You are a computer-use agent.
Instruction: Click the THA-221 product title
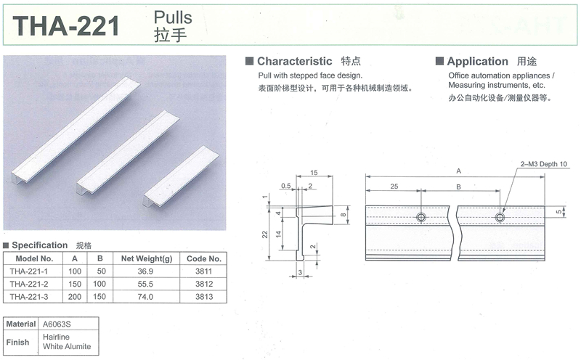[x=66, y=26]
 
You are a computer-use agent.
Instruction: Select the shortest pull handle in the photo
[x=181, y=176]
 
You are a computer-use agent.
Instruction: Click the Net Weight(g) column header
[x=147, y=258]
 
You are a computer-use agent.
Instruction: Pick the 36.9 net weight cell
[x=145, y=271]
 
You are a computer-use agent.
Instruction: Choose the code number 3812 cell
[x=204, y=284]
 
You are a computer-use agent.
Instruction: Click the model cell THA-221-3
[x=29, y=297]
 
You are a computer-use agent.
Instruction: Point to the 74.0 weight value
[x=145, y=297]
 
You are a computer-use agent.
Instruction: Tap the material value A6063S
[x=57, y=324]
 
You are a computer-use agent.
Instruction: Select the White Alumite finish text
[x=67, y=347]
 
